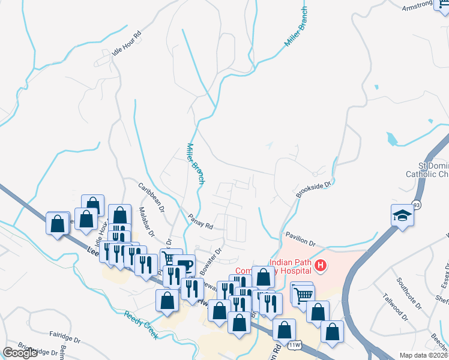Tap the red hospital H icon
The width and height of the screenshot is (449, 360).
pyautogui.click(x=321, y=265)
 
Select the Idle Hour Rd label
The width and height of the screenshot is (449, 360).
pyautogui.click(x=126, y=43)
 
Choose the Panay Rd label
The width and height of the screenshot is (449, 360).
pyautogui.click(x=200, y=221)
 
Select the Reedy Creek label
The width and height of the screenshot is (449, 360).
pyautogui.click(x=141, y=325)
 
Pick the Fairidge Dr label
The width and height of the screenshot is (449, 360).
pyautogui.click(x=65, y=340)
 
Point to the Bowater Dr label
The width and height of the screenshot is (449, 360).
pyautogui.click(x=210, y=257)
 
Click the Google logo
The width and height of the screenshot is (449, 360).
pyautogui.click(x=20, y=353)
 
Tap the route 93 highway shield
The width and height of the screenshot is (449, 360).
pyautogui.click(x=416, y=205)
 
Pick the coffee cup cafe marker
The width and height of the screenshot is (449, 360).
pyautogui.click(x=184, y=265)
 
